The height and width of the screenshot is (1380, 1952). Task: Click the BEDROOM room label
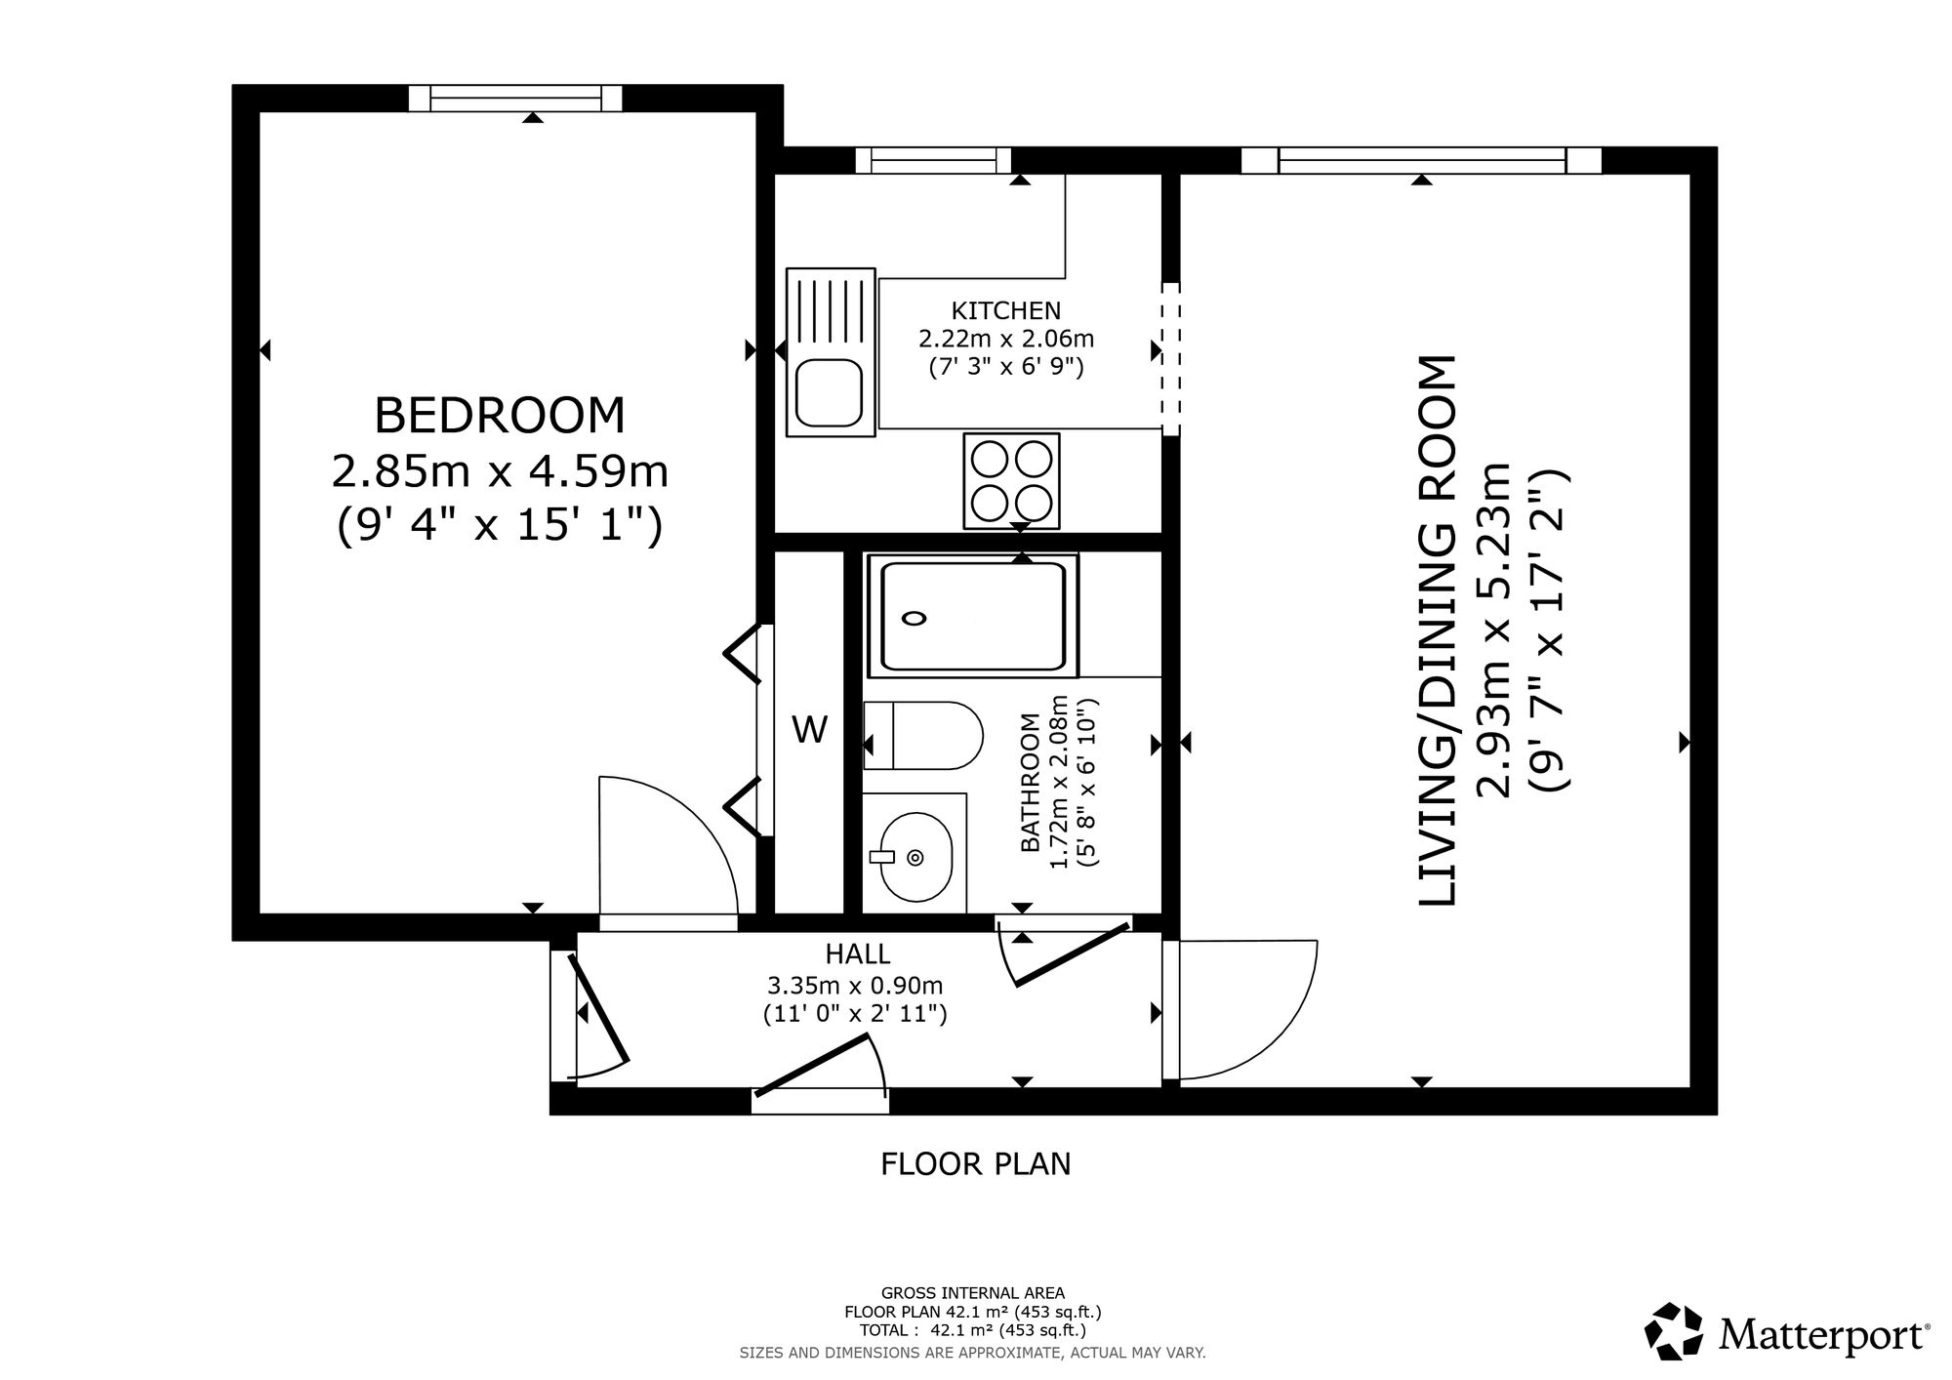(x=500, y=415)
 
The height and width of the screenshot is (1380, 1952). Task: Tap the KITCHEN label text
(x=1006, y=311)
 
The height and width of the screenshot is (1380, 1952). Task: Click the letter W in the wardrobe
(x=809, y=729)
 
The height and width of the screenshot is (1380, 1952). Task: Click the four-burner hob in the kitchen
(x=1011, y=480)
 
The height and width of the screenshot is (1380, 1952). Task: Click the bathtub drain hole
(x=915, y=617)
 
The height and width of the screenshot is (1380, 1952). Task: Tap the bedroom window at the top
(x=515, y=98)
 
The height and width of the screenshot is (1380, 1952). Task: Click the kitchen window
(x=933, y=160)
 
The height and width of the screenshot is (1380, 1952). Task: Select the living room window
(x=1421, y=160)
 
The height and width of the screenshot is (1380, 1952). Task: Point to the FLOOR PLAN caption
(x=976, y=1164)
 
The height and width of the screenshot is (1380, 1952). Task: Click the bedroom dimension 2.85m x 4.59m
(x=500, y=472)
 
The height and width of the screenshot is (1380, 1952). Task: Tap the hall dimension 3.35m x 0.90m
(x=855, y=986)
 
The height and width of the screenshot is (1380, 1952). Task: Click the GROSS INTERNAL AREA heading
(x=973, y=1293)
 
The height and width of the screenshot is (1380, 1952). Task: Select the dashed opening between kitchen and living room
(x=1170, y=358)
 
